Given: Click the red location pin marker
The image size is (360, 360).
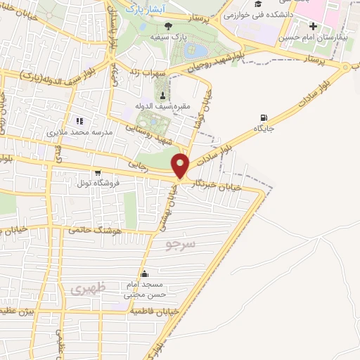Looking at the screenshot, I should click(x=181, y=165).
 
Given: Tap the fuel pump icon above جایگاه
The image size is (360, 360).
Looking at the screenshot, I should click(x=263, y=117).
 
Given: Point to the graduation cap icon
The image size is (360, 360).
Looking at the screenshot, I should click(x=248, y=4).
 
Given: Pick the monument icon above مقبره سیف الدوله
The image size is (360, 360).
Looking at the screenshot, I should click(x=163, y=95).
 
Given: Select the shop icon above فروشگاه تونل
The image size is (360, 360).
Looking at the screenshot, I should click(x=97, y=172).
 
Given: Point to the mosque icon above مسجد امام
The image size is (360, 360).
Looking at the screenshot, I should click(x=145, y=274).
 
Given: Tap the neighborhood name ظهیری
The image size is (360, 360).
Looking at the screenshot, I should click(x=89, y=288).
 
